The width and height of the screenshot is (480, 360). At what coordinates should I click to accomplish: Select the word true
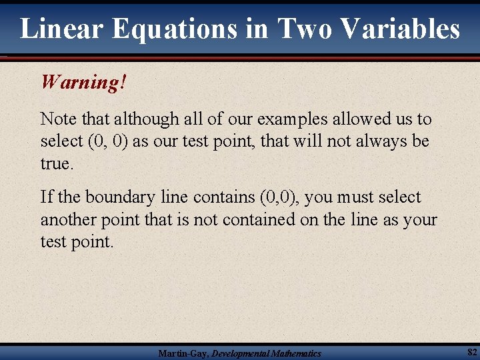[55, 163]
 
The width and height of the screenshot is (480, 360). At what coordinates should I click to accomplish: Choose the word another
[73, 219]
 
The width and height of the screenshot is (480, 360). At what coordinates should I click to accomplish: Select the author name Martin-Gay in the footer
[182, 353]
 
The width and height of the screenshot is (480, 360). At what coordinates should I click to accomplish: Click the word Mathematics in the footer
[294, 353]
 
